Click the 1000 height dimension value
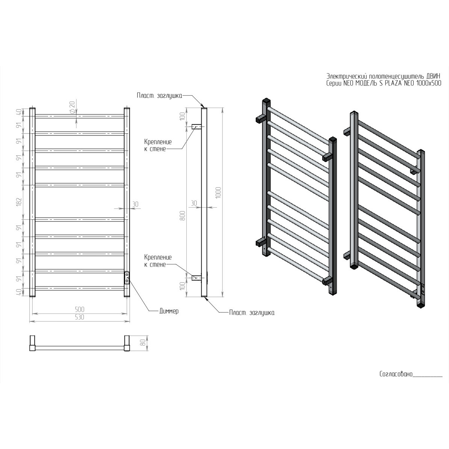pyautogui.click(x=219, y=193)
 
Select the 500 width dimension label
pyautogui.click(x=80, y=309)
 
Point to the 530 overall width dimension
pyautogui.click(x=80, y=317)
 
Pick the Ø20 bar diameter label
pyautogui.click(x=72, y=107)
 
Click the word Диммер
pyautogui.click(x=169, y=311)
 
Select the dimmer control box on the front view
pyautogui.click(x=127, y=278)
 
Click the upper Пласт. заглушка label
pyautogui.click(x=160, y=96)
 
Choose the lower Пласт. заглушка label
pyautogui.click(x=252, y=312)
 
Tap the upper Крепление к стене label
pyautogui.click(x=158, y=146)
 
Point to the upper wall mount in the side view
pyautogui.click(x=197, y=126)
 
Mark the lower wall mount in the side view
pyautogui.click(x=197, y=277)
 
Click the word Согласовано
pyautogui.click(x=396, y=374)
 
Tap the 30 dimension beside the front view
pyautogui.click(x=135, y=204)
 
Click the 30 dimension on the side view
pyautogui.click(x=194, y=203)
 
